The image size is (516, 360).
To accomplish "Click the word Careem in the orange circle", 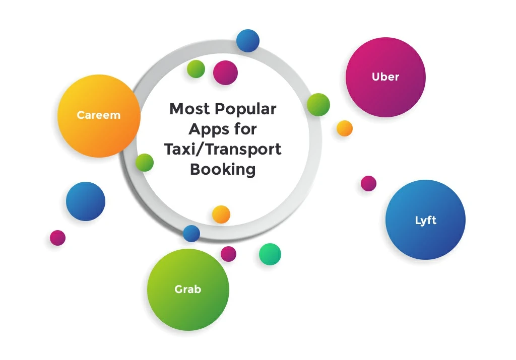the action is (99, 115).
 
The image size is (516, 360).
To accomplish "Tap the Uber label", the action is (385, 77).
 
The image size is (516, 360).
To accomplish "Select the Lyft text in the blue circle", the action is (425, 220).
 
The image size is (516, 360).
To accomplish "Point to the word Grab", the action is (187, 290).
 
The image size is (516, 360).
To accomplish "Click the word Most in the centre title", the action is (190, 109).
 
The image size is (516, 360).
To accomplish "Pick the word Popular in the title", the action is (246, 109).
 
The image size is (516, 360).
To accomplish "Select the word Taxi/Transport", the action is (223, 150).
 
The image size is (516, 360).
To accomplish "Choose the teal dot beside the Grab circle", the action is (270, 254).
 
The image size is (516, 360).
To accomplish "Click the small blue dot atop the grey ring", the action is (248, 41).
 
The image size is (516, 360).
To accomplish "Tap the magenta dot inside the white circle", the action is (225, 73).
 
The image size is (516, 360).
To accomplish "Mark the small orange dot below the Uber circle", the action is (345, 128).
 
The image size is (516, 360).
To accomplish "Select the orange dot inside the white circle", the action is (221, 214).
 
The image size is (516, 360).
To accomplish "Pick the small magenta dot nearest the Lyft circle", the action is (368, 183).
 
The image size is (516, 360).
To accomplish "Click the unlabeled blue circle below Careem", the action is (86, 201).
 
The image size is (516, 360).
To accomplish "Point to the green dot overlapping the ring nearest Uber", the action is (318, 105).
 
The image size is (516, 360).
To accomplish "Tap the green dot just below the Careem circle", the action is (145, 163).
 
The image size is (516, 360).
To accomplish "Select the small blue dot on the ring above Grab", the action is (191, 234).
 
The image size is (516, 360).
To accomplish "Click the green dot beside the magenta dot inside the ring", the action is (196, 69).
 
